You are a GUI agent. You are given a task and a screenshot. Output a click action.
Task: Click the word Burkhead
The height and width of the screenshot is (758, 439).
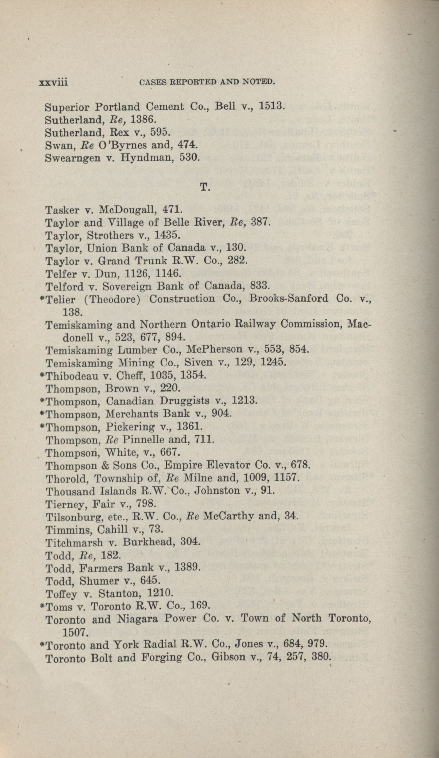(x=145, y=542)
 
